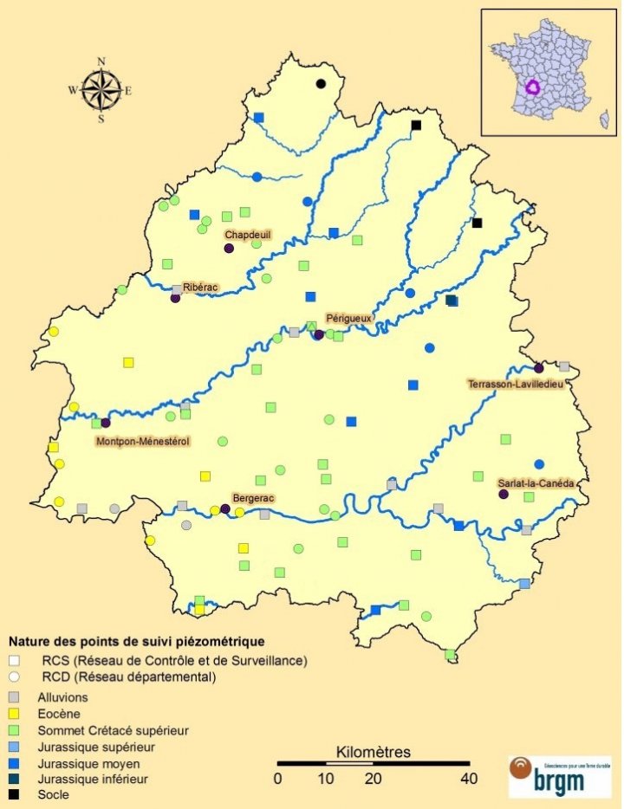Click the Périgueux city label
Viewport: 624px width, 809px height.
tap(348, 319)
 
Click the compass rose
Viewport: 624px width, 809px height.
tap(101, 89)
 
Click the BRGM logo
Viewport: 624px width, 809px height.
tap(548, 775)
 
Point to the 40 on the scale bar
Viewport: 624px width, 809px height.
tap(469, 779)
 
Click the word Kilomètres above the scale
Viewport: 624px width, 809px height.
tap(373, 751)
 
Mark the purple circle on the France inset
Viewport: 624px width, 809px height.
tap(533, 87)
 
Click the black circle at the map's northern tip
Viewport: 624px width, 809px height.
tap(321, 84)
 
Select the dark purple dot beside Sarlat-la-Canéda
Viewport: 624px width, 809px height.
tap(503, 494)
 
